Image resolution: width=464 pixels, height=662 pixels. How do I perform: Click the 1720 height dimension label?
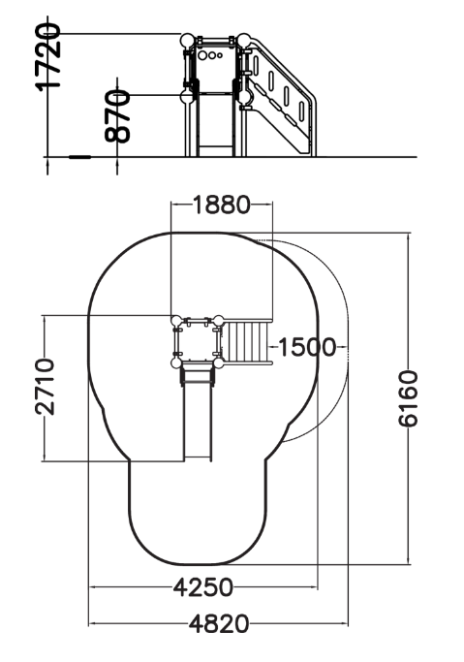click(47, 57)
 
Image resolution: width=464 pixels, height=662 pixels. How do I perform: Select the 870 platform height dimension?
click(117, 115)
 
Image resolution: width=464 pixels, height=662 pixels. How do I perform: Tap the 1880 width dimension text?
click(222, 205)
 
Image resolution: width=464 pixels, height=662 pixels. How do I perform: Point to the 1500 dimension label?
click(307, 347)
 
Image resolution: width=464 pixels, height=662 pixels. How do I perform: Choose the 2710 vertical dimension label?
click(45, 387)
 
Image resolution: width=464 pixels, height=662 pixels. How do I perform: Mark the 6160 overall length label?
click(408, 398)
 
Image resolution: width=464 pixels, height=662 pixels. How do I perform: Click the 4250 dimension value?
click(202, 587)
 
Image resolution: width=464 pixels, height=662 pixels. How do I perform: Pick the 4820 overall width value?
click(219, 624)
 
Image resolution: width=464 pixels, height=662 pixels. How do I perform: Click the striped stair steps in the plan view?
click(245, 341)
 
